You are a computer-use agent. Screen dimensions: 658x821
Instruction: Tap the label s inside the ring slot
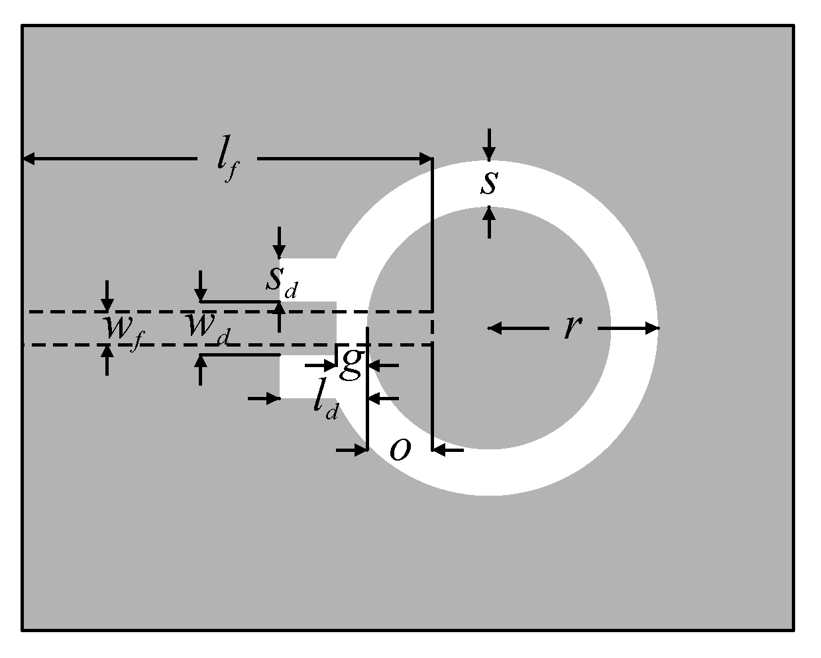(x=488, y=184)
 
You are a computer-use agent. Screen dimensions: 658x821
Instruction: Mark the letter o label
(x=400, y=449)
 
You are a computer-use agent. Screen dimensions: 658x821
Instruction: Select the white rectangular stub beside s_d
(x=308, y=279)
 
